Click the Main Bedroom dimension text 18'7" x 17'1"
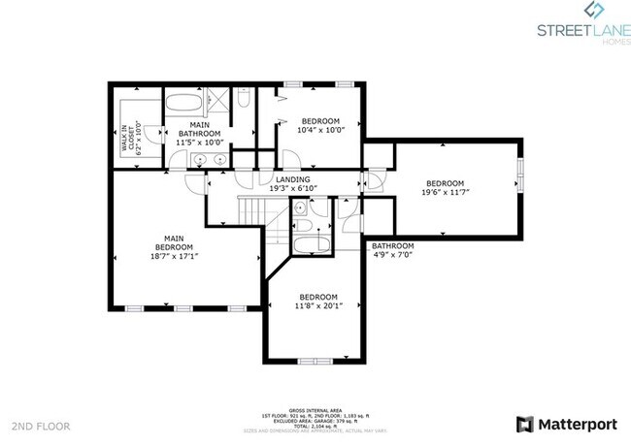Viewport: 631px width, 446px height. click(x=175, y=257)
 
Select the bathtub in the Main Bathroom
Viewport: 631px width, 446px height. click(x=185, y=102)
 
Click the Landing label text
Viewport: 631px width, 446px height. click(x=292, y=180)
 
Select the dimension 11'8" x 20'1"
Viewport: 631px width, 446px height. click(x=317, y=305)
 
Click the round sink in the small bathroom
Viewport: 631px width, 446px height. click(x=302, y=207)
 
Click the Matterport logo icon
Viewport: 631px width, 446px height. click(x=525, y=425)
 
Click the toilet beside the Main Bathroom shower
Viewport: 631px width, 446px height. click(x=244, y=99)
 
